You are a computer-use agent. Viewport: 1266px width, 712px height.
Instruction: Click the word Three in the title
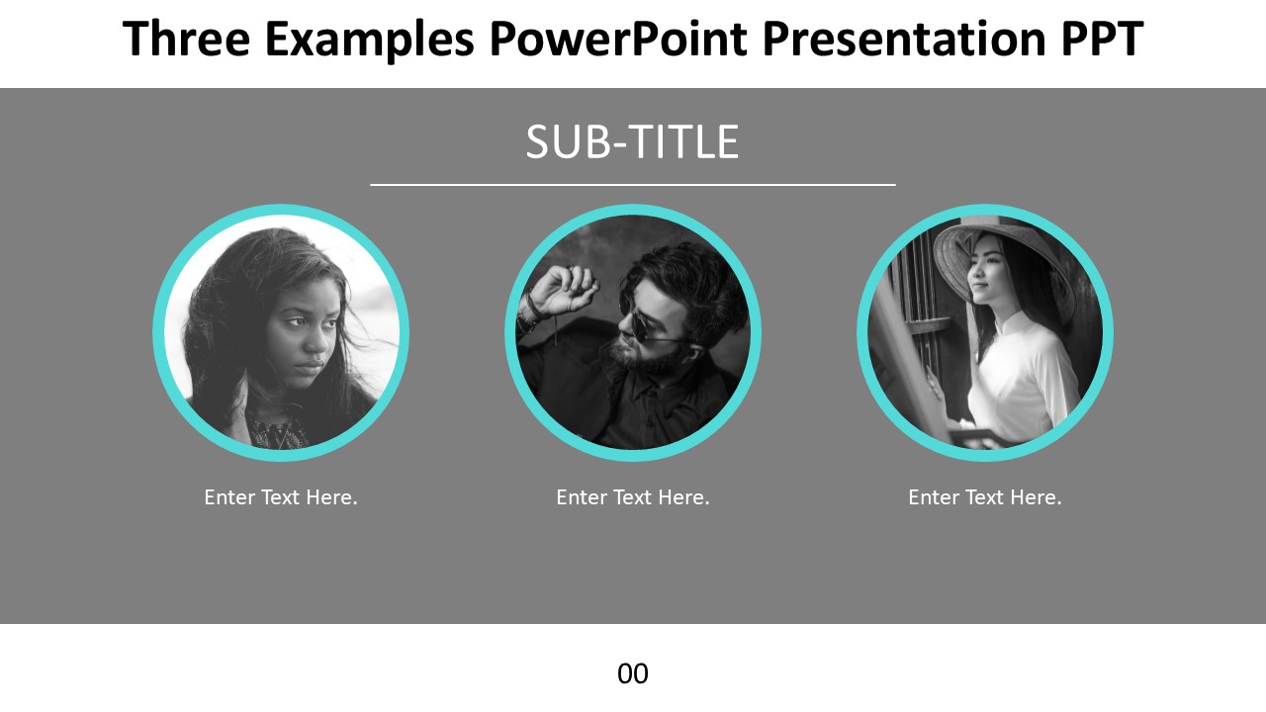(187, 39)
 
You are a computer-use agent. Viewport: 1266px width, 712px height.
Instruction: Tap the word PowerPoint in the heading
(619, 39)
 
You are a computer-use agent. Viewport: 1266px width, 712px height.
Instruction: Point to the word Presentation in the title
(904, 39)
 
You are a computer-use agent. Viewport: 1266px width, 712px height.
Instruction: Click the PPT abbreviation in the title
(1103, 39)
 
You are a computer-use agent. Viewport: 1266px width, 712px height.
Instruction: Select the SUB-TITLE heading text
(632, 141)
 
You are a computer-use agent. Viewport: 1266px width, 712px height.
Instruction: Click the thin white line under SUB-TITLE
(633, 185)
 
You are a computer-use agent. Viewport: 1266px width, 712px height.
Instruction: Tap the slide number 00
(633, 674)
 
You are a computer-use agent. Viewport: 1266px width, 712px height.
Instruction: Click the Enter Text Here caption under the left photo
(281, 497)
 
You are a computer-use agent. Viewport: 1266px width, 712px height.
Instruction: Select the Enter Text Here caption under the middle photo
(633, 497)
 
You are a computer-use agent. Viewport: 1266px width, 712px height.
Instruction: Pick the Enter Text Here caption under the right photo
(985, 497)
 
